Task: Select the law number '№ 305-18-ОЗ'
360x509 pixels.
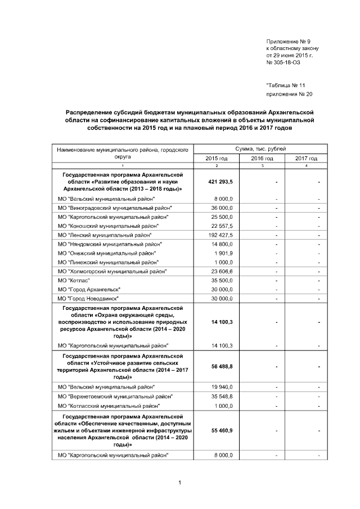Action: coord(284,63)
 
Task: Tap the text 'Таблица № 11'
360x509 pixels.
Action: coord(286,85)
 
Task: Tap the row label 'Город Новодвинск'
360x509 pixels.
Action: coord(92,298)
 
